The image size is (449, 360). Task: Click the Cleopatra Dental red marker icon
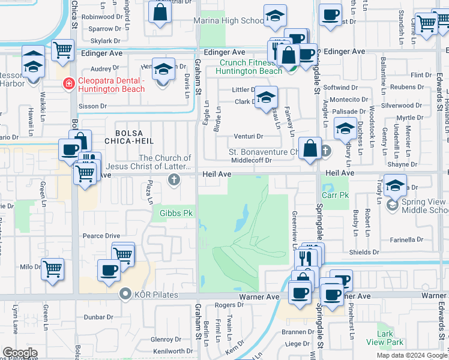click(69, 83)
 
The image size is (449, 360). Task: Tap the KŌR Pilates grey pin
click(125, 294)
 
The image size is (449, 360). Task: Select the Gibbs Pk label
click(176, 213)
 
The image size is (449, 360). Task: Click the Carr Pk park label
click(335, 195)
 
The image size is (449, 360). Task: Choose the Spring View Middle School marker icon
click(392, 205)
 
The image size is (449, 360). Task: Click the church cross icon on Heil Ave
click(174, 179)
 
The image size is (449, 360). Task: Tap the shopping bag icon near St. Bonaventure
click(310, 148)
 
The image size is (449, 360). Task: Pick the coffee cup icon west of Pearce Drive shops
click(108, 271)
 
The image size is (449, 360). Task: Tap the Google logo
click(20, 353)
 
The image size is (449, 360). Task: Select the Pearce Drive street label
click(101, 236)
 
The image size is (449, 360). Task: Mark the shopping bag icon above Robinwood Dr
click(160, 12)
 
